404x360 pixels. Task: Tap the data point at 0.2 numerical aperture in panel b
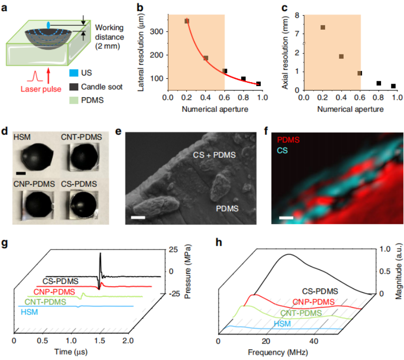[186, 21]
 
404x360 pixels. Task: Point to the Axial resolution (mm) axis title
[286, 49]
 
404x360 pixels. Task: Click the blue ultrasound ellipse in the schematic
[48, 25]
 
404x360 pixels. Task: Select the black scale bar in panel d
[20, 172]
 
